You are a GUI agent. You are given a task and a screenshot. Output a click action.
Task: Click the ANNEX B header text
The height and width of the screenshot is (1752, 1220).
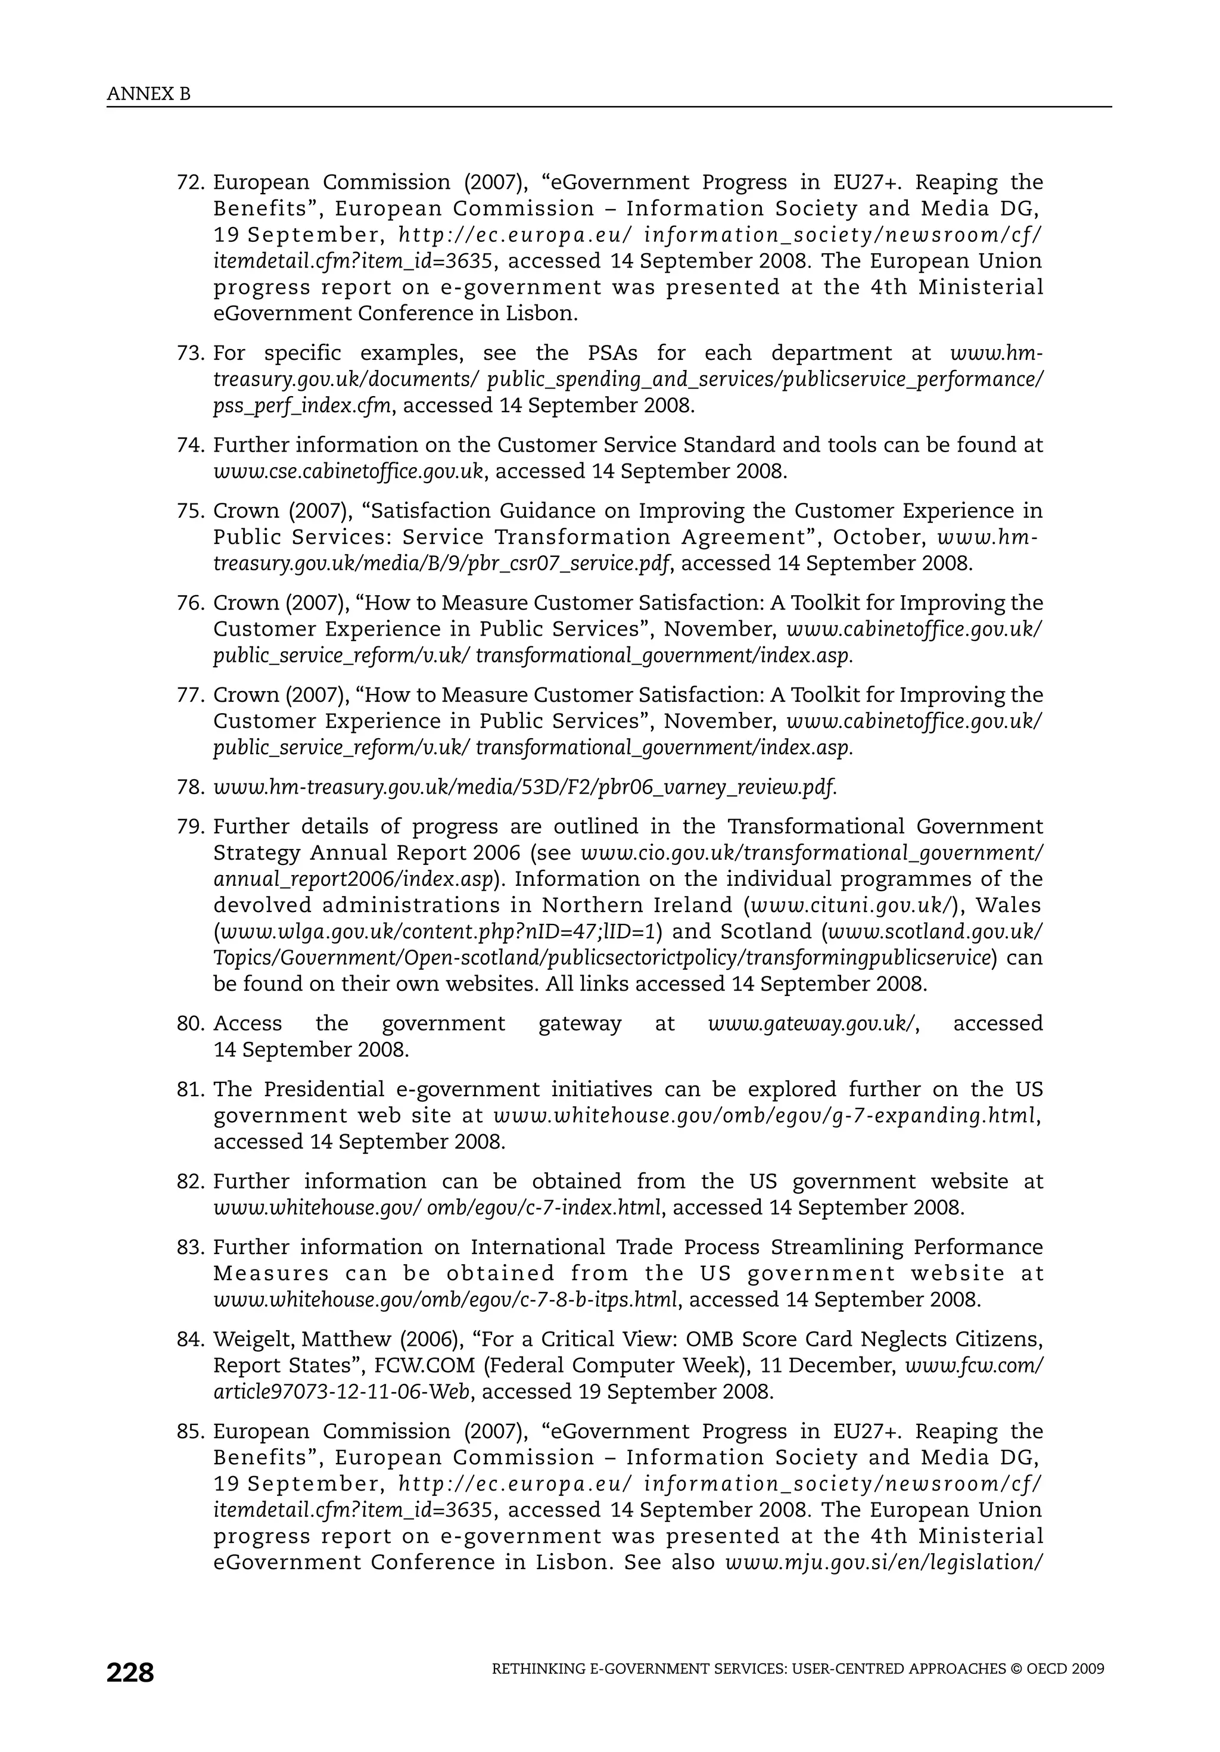click(x=149, y=94)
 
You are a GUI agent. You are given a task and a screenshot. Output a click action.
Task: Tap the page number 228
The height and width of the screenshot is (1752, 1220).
click(x=130, y=1673)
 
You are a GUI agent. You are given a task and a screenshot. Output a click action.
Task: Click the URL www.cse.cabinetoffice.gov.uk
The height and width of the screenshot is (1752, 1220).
click(x=348, y=471)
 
